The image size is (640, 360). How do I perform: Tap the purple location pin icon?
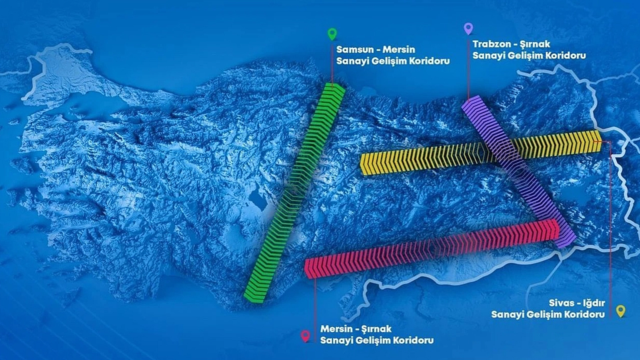pyautogui.click(x=468, y=29)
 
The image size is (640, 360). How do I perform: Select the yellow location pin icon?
pyautogui.click(x=620, y=311)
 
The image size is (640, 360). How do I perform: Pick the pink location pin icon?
pyautogui.click(x=305, y=336)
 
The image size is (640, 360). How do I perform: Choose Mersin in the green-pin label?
pyautogui.click(x=399, y=49)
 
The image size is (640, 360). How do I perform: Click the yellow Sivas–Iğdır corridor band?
pyautogui.click(x=481, y=152)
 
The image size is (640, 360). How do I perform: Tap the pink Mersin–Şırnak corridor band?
pyautogui.click(x=432, y=249)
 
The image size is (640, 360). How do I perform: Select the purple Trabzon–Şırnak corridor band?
pyautogui.click(x=519, y=171)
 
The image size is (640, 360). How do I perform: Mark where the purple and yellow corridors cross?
pyautogui.click(x=505, y=149)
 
